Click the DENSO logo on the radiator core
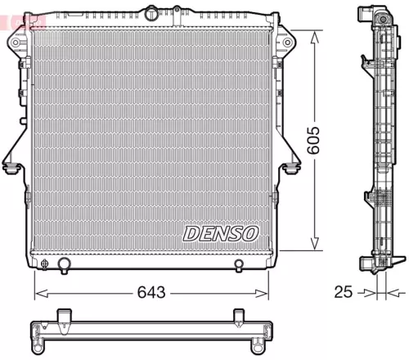[220, 233]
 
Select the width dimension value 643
[151, 292]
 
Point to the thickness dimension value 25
[344, 292]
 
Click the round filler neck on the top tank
[152, 13]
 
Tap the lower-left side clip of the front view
[11, 167]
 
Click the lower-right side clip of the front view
[292, 167]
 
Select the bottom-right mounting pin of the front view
[238, 264]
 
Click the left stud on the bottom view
[63, 316]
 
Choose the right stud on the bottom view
[239, 316]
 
